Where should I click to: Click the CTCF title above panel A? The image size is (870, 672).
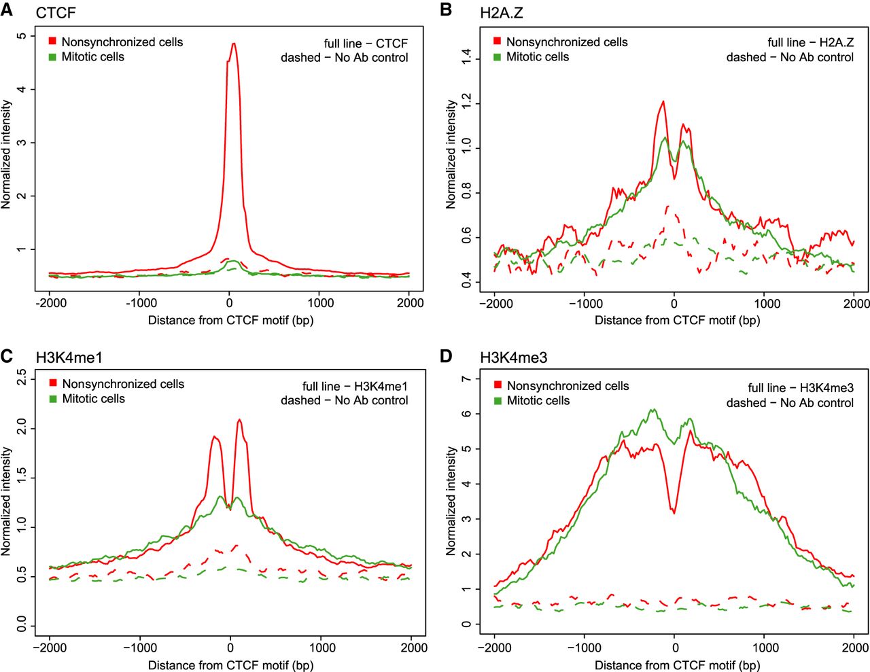click(56, 13)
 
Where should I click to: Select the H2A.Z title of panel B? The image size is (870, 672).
click(501, 13)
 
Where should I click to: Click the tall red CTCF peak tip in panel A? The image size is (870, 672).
click(233, 44)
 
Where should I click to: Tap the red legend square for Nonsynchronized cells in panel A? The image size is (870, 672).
click(52, 41)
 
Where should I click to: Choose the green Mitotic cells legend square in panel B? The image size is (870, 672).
click(497, 57)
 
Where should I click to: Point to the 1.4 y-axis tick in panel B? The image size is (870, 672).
click(467, 59)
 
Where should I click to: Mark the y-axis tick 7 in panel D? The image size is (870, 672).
click(467, 378)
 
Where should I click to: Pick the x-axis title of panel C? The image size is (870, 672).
click(230, 665)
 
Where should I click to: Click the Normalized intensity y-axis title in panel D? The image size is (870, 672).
click(451, 501)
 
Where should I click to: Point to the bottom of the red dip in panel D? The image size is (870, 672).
click(674, 513)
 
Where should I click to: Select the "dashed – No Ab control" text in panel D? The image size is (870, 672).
click(790, 403)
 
